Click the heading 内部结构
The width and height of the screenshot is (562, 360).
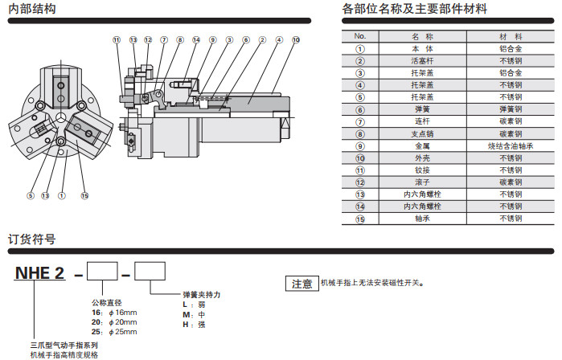click(x=32, y=10)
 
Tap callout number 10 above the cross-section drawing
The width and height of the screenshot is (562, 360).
click(x=296, y=39)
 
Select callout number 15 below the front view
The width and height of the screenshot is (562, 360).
click(x=84, y=195)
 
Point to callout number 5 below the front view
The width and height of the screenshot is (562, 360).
click(x=31, y=195)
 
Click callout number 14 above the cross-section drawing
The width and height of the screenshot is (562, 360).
click(x=196, y=39)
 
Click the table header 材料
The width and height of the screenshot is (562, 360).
click(x=511, y=37)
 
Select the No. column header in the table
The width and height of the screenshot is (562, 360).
click(x=360, y=37)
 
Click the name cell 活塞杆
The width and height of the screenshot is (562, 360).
click(x=422, y=60)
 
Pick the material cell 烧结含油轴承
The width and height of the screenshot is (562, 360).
click(x=511, y=145)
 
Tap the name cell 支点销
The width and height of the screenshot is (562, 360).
click(x=422, y=133)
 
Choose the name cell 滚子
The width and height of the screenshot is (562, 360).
click(x=422, y=182)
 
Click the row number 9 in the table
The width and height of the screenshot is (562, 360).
click(x=360, y=145)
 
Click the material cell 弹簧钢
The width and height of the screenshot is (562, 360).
click(x=511, y=109)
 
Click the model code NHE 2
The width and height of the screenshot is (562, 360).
click(x=39, y=272)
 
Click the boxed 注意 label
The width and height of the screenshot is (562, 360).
click(x=302, y=284)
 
